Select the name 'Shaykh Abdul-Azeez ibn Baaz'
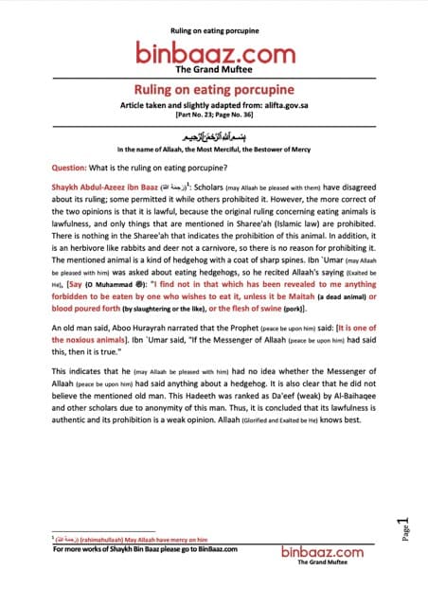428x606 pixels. [106, 187]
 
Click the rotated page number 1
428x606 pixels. [403, 526]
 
